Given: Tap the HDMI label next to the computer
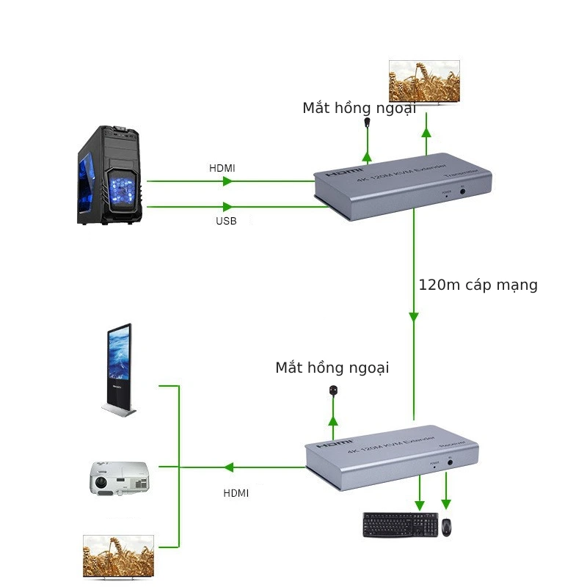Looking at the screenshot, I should point(222,168).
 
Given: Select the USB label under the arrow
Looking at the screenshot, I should point(226,221).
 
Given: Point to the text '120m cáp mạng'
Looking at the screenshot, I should point(478,285).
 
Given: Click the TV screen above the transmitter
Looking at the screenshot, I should point(423,81).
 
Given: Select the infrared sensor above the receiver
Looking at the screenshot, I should point(333,391).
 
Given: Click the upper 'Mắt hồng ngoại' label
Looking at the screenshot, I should point(359,108).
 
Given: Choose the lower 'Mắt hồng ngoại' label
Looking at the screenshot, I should point(332,368).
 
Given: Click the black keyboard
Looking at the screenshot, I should point(400,525).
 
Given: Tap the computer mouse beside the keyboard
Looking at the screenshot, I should point(446,526).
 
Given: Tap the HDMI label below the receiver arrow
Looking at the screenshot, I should point(236,493).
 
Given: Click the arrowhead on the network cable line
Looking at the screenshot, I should point(413,317).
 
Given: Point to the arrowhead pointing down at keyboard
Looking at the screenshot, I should point(420,505).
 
